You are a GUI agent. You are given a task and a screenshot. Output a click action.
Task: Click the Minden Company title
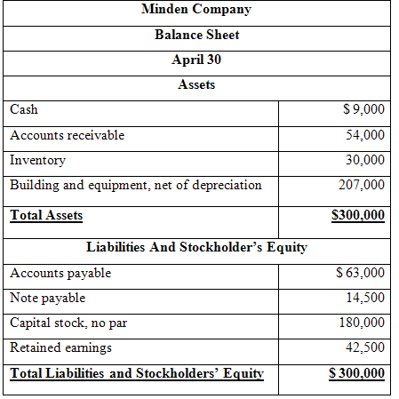[x=196, y=11]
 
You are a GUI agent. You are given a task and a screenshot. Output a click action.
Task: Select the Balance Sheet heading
[x=196, y=36]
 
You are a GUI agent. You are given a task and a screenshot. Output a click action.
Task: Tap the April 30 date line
[x=196, y=60]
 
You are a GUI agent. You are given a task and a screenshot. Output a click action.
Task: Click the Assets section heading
[x=196, y=85]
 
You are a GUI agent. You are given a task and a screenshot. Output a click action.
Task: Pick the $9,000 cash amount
[x=363, y=110]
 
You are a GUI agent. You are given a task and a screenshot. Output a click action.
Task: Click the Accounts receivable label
[x=67, y=135]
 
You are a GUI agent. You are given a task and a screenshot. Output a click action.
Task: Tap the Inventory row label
[x=37, y=160]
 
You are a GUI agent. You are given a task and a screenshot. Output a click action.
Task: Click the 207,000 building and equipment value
[x=363, y=185]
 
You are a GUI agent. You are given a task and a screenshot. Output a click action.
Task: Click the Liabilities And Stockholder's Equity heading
[x=196, y=247]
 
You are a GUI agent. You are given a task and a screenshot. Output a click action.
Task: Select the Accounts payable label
[x=60, y=273]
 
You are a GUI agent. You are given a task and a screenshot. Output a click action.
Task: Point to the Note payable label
[x=47, y=298]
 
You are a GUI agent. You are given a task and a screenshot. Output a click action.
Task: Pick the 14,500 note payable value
[x=366, y=298]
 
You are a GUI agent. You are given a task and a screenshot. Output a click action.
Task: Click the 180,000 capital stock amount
[x=363, y=323]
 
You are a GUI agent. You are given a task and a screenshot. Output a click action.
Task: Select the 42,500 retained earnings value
[x=366, y=347]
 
